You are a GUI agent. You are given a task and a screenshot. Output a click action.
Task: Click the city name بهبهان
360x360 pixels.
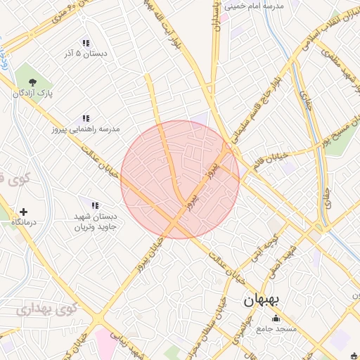coord(262,300)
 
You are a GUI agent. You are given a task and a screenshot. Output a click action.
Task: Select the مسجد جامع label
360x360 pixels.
coord(277,328)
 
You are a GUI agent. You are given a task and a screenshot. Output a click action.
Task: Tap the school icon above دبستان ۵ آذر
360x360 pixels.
coord(86,42)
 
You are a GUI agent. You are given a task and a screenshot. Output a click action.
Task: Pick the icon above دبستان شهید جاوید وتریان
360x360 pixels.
coord(94,205)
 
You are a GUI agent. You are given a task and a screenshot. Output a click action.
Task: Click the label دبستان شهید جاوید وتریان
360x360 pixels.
coord(99,222)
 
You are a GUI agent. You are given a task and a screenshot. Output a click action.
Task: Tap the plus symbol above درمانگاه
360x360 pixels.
coord(24,211)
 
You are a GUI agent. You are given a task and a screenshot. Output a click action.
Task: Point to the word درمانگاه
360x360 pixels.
coord(24,222)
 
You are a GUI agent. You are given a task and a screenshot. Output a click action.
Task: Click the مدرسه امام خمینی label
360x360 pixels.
coord(252,6)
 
